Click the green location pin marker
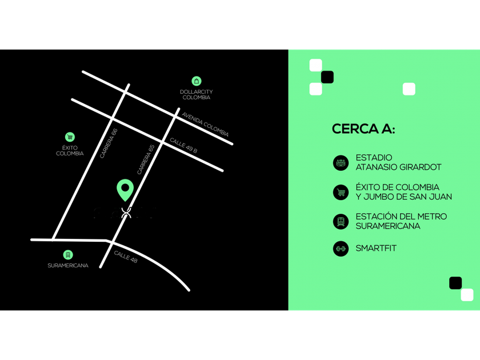click(125, 189)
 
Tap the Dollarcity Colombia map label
click(196, 94)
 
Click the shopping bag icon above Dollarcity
click(197, 81)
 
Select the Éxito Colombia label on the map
click(70, 150)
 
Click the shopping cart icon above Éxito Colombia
click(70, 137)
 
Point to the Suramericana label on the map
click(68, 265)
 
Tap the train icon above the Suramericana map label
click(68, 254)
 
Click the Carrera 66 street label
click(108, 143)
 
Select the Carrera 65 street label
click(146, 159)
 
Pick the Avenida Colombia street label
click(206, 124)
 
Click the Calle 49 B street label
click(183, 146)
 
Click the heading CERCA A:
click(363, 129)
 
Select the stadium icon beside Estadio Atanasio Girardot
click(341, 163)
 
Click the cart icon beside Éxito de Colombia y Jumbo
click(341, 192)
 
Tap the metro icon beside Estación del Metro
click(341, 221)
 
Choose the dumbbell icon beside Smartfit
click(341, 249)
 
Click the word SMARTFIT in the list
click(375, 249)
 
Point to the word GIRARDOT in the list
click(418, 167)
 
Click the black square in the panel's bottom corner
click(455, 283)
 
